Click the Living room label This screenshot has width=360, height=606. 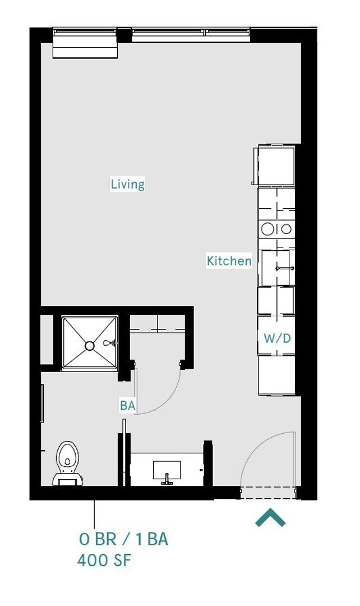[127, 184]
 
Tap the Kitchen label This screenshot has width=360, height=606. [229, 261]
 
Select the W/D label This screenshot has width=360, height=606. [277, 338]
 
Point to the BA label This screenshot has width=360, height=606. [127, 406]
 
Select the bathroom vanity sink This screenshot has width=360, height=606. [167, 470]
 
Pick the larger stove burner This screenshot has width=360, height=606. [267, 229]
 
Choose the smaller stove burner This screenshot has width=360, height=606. [286, 229]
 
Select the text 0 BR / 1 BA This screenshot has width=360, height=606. [123, 540]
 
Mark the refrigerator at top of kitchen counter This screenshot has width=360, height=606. [276, 166]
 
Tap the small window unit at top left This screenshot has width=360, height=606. [85, 45]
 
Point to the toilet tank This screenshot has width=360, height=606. [68, 480]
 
